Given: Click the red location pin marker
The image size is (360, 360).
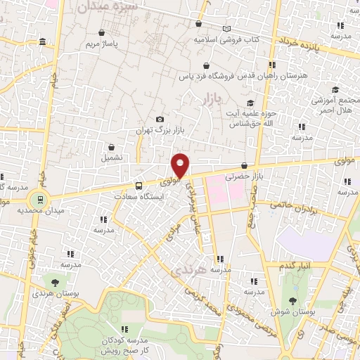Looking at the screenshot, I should point(181,165).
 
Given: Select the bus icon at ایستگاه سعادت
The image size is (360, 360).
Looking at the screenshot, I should point(138,186).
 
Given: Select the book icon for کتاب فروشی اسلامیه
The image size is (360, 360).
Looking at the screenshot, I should point(226,29).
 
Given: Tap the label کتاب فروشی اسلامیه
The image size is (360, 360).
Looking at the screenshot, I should point(227,40).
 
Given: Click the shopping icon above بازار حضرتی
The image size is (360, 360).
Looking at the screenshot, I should point(244,166).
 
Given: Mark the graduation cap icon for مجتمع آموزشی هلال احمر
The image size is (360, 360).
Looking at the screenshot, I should point(335,89).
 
